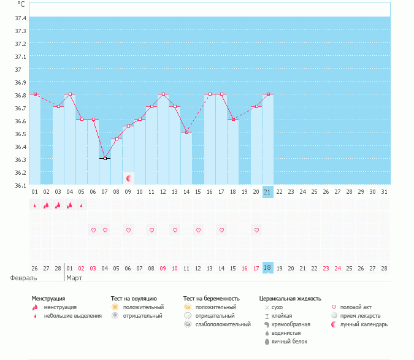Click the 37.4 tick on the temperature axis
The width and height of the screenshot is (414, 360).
(20, 18)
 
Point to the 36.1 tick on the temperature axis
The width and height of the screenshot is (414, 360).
(20, 185)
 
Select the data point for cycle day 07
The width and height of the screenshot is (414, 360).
(105, 158)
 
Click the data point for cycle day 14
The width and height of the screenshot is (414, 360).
(186, 132)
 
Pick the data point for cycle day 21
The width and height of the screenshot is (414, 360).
(268, 94)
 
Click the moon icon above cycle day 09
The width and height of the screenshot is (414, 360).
(129, 178)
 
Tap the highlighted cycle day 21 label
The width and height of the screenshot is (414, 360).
(267, 191)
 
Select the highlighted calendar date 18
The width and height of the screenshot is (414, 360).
(267, 268)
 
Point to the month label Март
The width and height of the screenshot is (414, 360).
(74, 278)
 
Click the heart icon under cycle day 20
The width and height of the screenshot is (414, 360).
(256, 230)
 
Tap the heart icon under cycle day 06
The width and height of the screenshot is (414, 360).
(93, 230)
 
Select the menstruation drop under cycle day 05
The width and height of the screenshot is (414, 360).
(82, 205)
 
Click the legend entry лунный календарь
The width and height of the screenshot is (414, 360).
(364, 324)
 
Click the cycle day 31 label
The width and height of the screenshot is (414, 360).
(385, 191)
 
